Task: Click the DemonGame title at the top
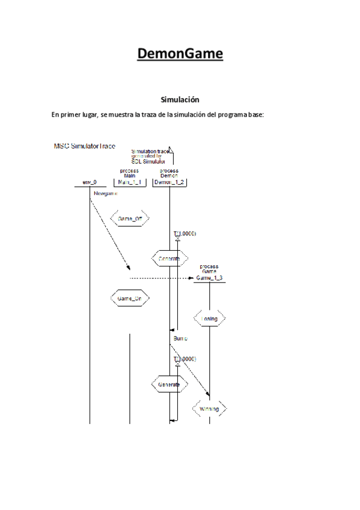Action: tap(180, 54)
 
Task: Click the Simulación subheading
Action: tap(180, 99)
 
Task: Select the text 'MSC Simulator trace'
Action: tap(85, 146)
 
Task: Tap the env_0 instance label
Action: tap(89, 182)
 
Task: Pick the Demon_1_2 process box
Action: tap(169, 182)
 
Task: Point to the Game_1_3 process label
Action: tap(209, 278)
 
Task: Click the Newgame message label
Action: tap(106, 194)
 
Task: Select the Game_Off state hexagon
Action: tap(130, 219)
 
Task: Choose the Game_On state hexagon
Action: tap(130, 298)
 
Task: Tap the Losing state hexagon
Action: tap(209, 318)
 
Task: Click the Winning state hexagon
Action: tap(209, 409)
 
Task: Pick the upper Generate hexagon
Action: tap(169, 259)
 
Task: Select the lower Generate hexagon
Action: tap(169, 383)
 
